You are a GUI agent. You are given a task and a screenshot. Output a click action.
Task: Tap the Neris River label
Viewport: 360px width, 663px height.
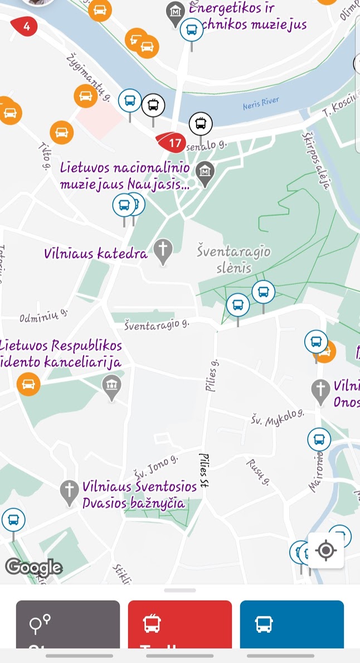tap(261, 104)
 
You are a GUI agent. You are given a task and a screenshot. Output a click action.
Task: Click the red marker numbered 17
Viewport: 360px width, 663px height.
tap(173, 143)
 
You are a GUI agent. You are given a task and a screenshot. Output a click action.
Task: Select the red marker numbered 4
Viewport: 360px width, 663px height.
tap(25, 26)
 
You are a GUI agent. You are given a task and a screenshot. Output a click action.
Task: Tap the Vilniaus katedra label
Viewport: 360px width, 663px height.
tap(96, 254)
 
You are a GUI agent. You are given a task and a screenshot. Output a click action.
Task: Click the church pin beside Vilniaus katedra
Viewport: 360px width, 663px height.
tap(163, 250)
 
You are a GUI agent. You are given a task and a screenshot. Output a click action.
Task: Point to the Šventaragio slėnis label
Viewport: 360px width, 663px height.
tap(234, 259)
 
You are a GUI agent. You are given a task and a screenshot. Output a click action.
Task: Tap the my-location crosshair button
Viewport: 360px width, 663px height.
tap(326, 551)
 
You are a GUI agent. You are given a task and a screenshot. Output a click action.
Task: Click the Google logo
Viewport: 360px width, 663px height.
tap(33, 568)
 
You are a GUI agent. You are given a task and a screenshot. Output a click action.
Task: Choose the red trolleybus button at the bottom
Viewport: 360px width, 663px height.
tap(179, 625)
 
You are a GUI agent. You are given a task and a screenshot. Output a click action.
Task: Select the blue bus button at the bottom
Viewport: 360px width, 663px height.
tap(291, 625)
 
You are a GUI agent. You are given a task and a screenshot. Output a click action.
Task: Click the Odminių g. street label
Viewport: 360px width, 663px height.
tap(43, 316)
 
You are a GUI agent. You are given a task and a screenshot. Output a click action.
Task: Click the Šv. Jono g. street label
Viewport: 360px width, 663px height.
tap(155, 467)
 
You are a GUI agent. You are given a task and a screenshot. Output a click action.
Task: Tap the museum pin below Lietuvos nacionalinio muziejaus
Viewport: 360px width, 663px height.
tap(206, 172)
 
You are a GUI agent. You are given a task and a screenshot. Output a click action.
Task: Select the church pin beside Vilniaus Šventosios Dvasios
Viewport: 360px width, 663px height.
tap(69, 491)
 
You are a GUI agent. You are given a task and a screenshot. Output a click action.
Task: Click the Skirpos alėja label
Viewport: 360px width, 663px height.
tap(317, 161)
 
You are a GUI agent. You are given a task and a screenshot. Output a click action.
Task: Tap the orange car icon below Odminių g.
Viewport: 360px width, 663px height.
tap(28, 384)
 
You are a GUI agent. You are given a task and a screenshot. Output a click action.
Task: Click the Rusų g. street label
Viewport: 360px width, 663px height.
tap(258, 472)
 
